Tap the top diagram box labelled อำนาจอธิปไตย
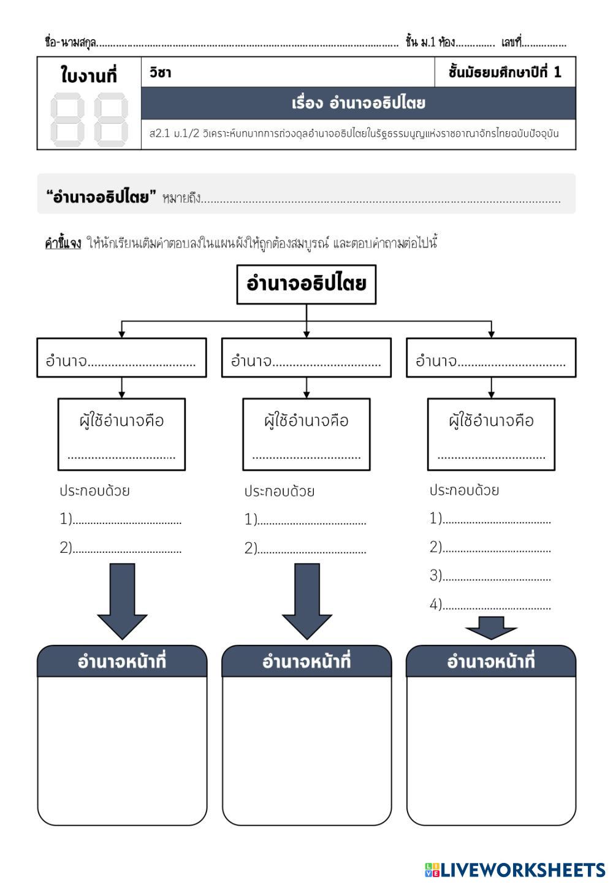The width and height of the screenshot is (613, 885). (306, 284)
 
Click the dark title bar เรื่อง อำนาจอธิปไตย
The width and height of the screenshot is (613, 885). (359, 103)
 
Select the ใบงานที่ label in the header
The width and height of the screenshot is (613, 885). (89, 75)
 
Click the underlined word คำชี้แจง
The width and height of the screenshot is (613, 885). (63, 243)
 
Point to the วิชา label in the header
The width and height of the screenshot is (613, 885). (160, 72)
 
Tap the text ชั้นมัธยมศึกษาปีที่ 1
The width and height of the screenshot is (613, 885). (504, 72)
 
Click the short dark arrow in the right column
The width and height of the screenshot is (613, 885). (491, 628)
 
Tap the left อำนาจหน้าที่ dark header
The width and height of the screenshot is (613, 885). (122, 662)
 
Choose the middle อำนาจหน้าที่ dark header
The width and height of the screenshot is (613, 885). (306, 662)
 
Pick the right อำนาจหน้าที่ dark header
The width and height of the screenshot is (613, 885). (491, 662)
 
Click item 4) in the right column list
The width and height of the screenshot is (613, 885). (490, 605)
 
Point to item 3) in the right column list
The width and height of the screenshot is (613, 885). (490, 576)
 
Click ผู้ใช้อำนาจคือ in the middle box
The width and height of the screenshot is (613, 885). (306, 420)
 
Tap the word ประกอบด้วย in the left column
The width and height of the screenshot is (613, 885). (94, 491)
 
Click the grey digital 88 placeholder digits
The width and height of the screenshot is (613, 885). (89, 119)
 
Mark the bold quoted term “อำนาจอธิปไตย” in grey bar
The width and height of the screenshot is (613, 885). (97, 197)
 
